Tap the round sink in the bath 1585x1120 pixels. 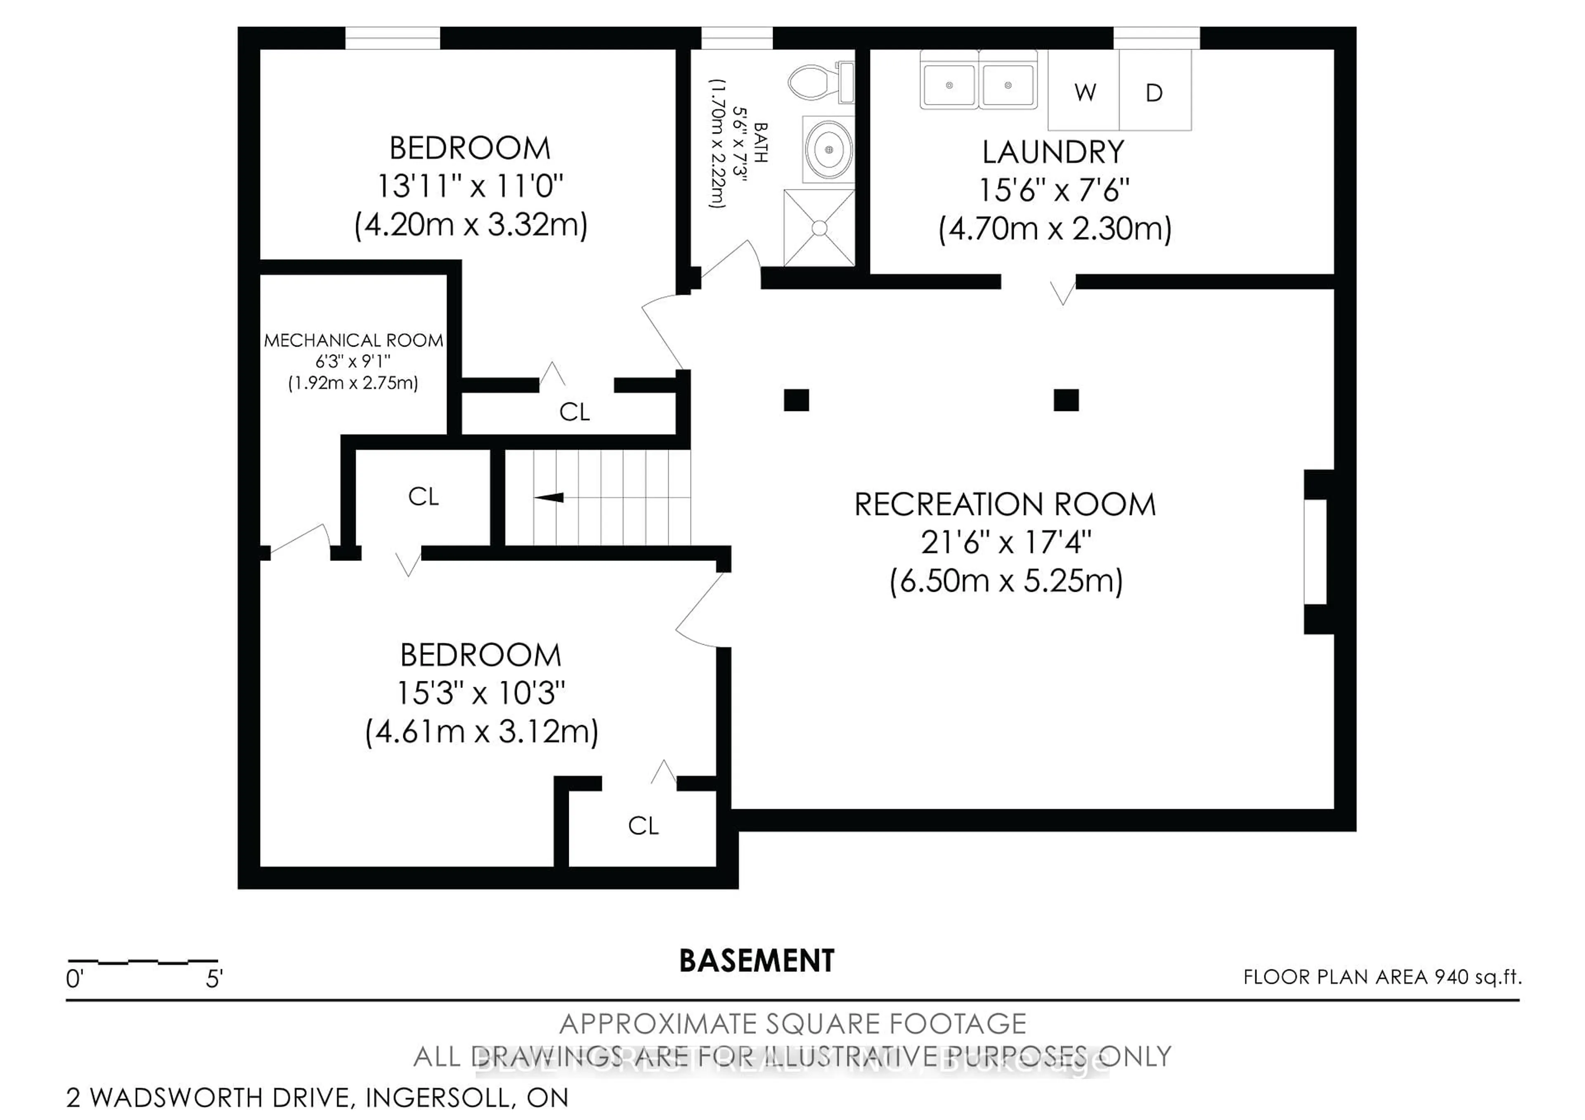[828, 149]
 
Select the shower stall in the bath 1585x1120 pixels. [819, 228]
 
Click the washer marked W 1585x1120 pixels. [1084, 92]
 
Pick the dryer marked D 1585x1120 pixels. [1154, 92]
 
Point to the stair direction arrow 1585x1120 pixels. [549, 497]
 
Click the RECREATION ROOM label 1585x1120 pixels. [1005, 504]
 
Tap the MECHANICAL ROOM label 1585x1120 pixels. [353, 340]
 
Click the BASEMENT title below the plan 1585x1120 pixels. [757, 961]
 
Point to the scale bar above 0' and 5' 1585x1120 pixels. [143, 961]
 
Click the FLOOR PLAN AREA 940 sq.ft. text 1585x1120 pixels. [1382, 977]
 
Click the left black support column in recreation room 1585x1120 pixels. [796, 400]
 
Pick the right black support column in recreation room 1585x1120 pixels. [1066, 400]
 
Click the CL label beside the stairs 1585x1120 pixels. [423, 496]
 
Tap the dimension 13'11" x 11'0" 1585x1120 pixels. [470, 186]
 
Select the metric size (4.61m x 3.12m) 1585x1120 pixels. [481, 732]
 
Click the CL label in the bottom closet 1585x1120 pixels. [643, 825]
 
